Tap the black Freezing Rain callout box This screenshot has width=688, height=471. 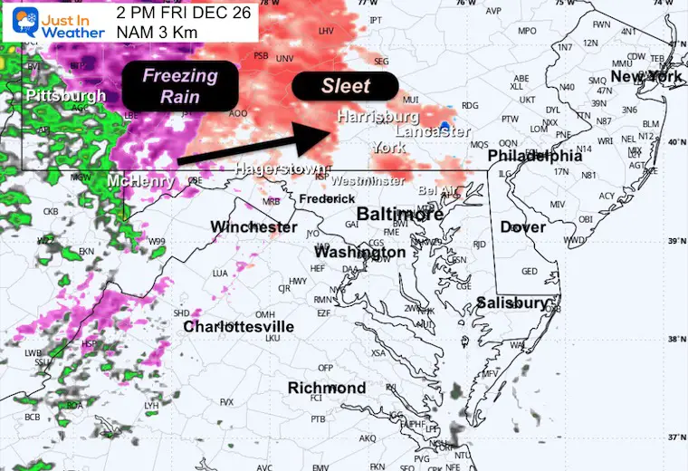[180, 85]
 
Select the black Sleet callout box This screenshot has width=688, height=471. [345, 86]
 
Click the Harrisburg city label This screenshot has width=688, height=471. [377, 117]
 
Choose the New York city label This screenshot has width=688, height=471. [646, 77]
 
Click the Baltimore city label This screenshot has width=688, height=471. [399, 215]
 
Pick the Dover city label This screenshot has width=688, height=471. [523, 226]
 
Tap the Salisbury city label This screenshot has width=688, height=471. [512, 303]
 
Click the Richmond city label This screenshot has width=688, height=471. [327, 388]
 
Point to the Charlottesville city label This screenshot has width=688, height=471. [238, 326]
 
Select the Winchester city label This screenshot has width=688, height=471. [253, 226]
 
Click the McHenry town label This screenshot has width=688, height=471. [140, 182]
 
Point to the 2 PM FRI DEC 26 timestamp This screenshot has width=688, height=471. [184, 13]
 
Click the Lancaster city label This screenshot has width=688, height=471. [433, 132]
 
